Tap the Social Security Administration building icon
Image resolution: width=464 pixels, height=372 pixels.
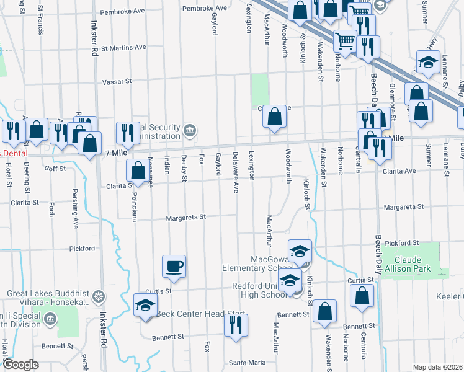190,130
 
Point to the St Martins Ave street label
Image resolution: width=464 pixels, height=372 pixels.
123,47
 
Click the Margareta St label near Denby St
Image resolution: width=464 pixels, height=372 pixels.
185,218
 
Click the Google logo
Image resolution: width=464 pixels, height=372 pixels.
20,365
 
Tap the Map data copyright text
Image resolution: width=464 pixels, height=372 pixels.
438,367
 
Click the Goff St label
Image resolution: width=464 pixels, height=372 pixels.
55,168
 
